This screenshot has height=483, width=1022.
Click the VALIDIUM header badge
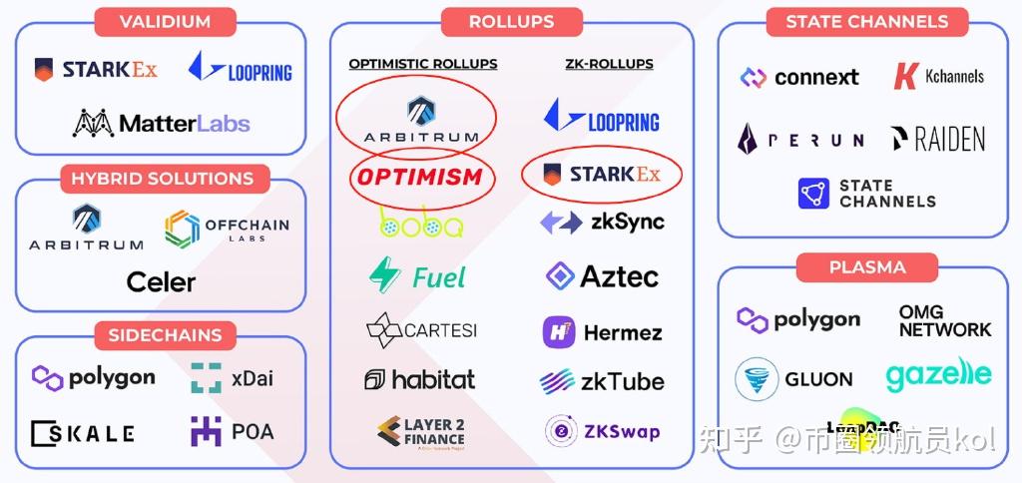pos(164,21)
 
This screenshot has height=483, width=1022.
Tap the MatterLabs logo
pos(161,124)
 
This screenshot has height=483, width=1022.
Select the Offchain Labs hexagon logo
pos(227,228)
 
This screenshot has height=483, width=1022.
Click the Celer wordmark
pos(161,282)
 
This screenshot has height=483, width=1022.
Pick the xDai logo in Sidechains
pos(232,378)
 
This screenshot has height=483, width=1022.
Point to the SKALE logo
pos(83,433)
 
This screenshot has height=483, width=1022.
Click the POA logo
pos(232,432)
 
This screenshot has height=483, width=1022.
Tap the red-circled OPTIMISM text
pos(420,178)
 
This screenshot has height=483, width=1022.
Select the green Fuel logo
pos(417,275)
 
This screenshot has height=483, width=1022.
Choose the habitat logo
pos(419,379)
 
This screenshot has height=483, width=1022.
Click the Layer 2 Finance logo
pos(420,432)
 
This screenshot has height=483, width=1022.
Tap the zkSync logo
pos(602,222)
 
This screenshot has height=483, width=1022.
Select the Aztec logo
pos(602,276)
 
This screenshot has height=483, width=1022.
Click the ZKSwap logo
pos(602,432)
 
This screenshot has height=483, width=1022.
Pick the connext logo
pos(799,77)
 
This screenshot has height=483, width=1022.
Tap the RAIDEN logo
pos(937,139)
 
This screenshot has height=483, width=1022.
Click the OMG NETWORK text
pos(944,320)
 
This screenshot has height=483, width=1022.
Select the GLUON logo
pos(794,379)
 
